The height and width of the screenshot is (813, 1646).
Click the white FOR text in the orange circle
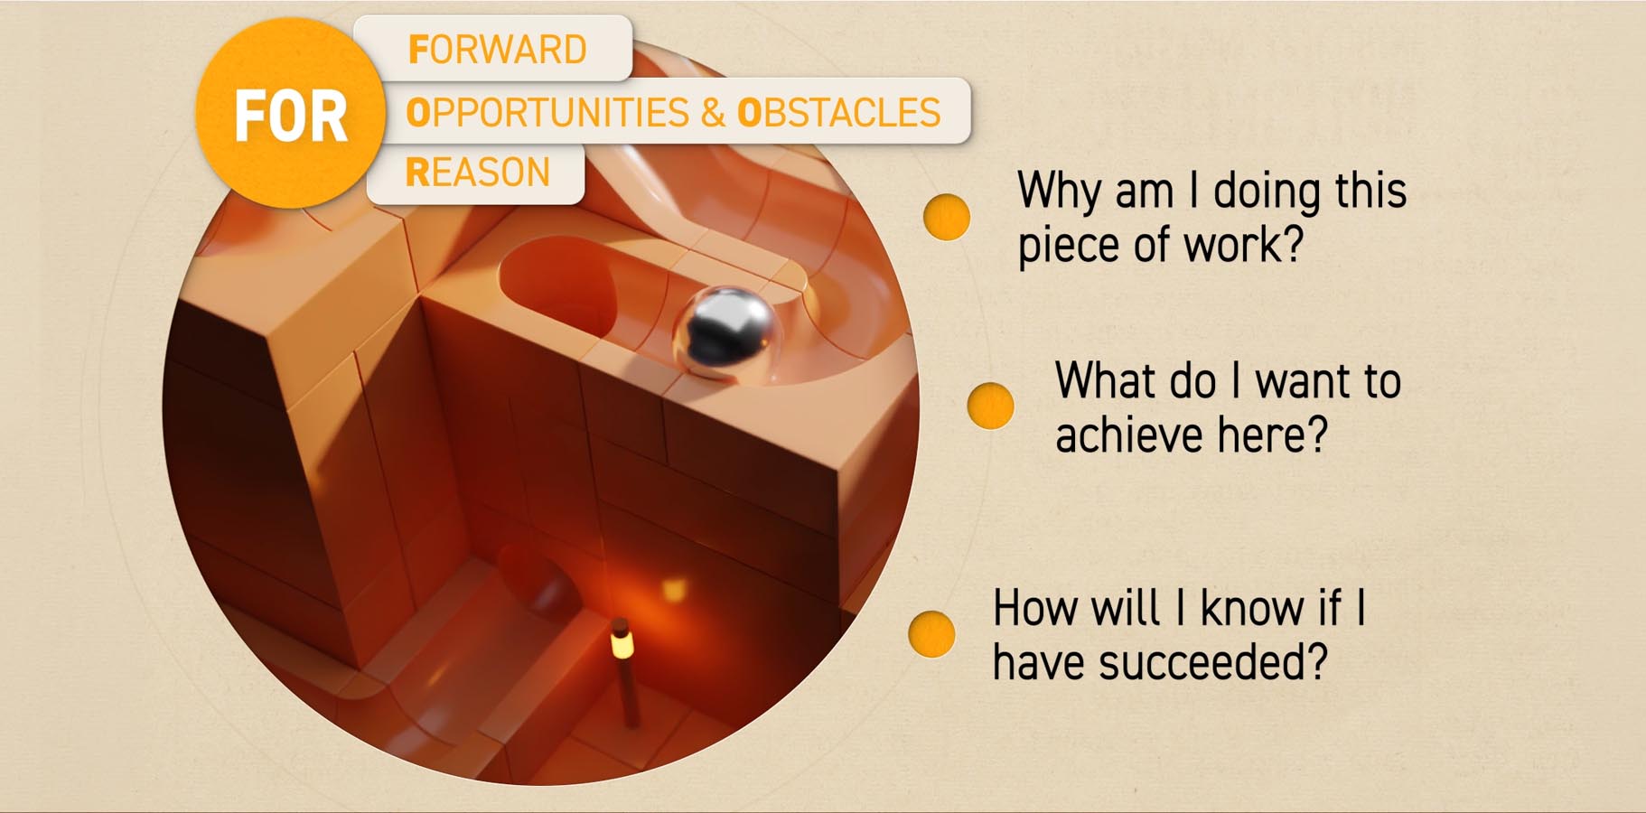point(291,117)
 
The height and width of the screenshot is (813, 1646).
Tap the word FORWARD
point(498,50)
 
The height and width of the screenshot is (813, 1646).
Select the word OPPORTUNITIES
point(547,113)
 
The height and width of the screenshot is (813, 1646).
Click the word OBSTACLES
point(839,113)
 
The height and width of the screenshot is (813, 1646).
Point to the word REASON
point(478,172)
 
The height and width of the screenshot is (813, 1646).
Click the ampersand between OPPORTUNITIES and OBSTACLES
point(713,113)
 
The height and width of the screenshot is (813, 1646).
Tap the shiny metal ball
point(725,331)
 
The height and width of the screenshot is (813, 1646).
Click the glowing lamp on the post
point(622,642)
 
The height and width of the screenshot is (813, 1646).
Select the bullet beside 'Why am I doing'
point(947,217)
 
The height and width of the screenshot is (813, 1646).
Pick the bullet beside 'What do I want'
point(990,406)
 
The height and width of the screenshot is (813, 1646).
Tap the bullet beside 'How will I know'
point(931,632)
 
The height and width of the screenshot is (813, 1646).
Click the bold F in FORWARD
point(417,50)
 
